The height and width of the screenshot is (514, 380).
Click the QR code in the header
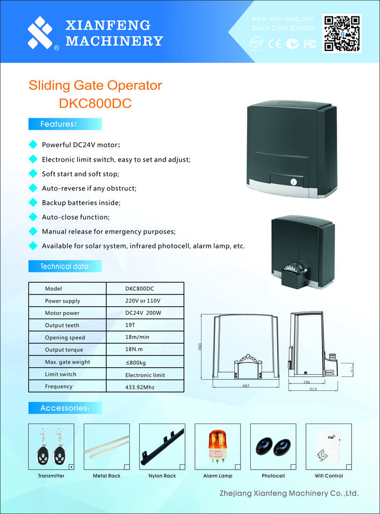coord(341,33)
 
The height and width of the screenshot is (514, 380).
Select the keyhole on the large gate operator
coord(293,182)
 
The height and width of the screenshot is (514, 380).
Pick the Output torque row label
coord(65,350)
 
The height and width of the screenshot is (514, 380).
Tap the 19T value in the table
coord(130,325)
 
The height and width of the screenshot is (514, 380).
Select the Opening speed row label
coord(65,337)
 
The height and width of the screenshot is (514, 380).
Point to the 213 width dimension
coord(313,389)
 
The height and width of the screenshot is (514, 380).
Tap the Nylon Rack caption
coord(162,476)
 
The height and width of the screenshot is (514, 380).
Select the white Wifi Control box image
coord(329,448)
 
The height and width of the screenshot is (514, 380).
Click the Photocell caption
coord(273,476)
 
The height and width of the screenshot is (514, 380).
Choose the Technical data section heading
coord(65,266)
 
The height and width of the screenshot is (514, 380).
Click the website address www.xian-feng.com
coord(282,19)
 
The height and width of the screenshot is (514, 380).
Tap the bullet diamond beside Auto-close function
coord(32,217)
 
